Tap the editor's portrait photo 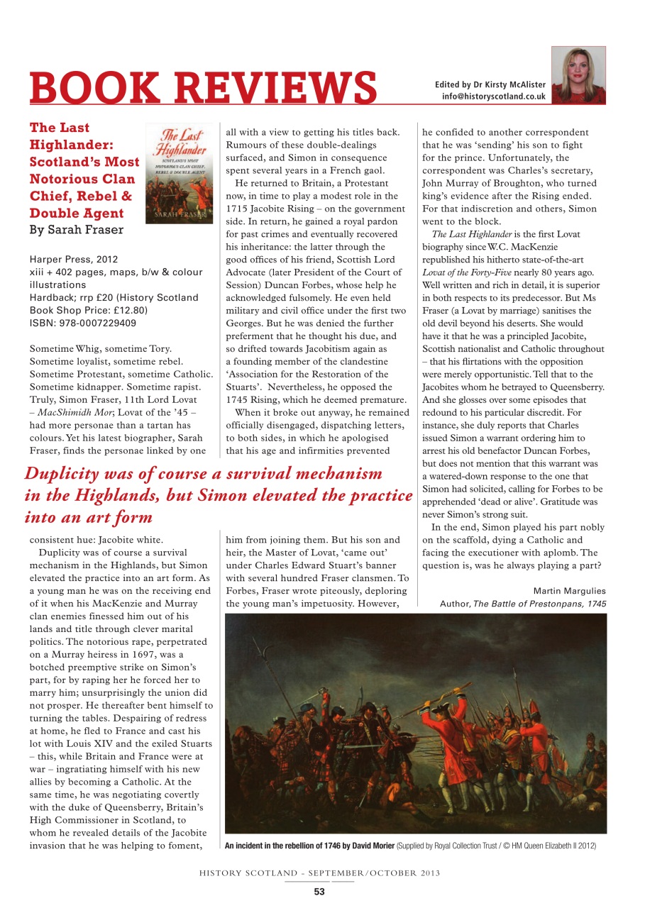[x=578, y=74]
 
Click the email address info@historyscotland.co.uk [x=494, y=96]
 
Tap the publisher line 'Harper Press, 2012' [x=74, y=259]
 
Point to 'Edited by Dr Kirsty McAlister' [x=490, y=85]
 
